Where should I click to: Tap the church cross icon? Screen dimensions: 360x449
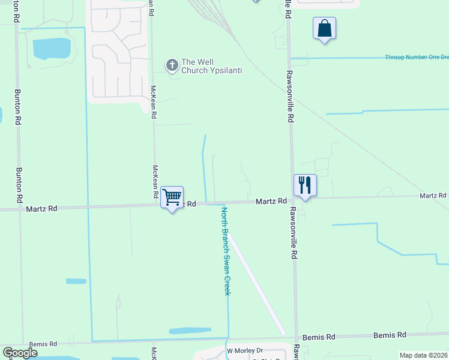click(x=172, y=65)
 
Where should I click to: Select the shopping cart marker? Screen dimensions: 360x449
click(x=172, y=197)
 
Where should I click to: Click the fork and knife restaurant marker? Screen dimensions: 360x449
click(x=305, y=185)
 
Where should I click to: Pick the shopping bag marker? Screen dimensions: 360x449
click(x=324, y=28)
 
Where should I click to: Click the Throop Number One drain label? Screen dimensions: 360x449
click(x=417, y=57)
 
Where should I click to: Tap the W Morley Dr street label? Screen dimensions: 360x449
click(x=244, y=350)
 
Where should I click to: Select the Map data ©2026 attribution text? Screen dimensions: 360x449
click(x=423, y=355)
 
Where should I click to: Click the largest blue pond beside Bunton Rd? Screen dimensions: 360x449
click(x=52, y=49)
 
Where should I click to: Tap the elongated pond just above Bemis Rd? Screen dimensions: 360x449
click(x=190, y=331)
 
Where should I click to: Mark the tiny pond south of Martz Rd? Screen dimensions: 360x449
click(x=76, y=281)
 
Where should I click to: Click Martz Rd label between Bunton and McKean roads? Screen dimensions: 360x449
click(x=41, y=209)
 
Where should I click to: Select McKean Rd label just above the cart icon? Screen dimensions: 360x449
click(x=155, y=181)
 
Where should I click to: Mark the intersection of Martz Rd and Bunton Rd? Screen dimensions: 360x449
click(x=20, y=209)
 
